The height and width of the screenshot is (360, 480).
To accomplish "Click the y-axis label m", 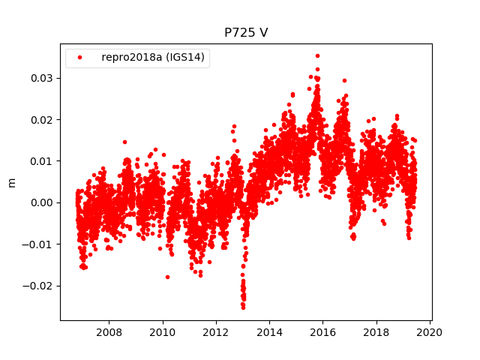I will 11,182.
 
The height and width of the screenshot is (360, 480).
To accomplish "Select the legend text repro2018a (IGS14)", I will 155,58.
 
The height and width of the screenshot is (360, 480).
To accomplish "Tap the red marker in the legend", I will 80,58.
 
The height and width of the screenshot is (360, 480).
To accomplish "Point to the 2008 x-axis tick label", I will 109,332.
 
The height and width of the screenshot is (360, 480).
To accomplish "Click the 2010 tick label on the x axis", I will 163,332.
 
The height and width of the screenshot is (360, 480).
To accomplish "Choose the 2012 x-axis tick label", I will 216,332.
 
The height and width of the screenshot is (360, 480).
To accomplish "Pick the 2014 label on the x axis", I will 269,332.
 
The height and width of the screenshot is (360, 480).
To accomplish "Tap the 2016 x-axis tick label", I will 322,332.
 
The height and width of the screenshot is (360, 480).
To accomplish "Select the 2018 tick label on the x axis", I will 376,332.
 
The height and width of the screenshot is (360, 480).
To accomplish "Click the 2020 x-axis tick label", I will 430,332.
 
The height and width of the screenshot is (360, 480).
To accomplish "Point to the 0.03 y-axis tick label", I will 42,78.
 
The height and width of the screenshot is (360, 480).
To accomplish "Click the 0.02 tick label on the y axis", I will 42,119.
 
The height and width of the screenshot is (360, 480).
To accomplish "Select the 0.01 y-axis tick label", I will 42,160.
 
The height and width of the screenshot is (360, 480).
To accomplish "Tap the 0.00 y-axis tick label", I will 42,202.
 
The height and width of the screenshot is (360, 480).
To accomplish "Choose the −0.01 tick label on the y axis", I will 39,244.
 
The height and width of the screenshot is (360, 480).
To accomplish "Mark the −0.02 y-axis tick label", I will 39,286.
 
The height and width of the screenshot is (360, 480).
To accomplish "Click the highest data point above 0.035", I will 317,55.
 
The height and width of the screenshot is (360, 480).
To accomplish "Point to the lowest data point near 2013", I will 243,307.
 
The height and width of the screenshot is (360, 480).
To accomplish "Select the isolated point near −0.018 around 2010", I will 167,277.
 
